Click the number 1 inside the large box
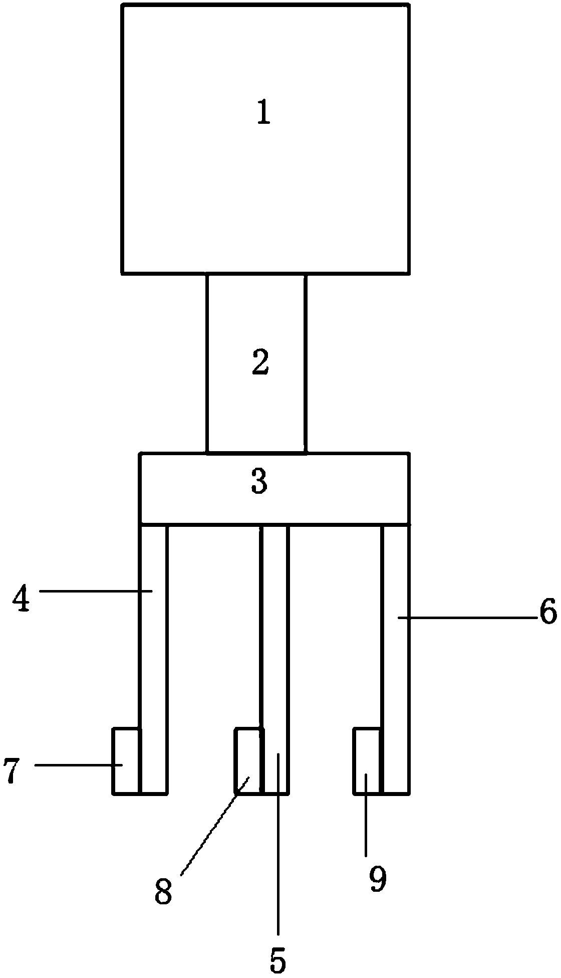(x=263, y=112)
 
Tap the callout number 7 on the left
(x=12, y=770)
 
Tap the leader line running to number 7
(x=78, y=764)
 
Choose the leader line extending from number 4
(x=95, y=592)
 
